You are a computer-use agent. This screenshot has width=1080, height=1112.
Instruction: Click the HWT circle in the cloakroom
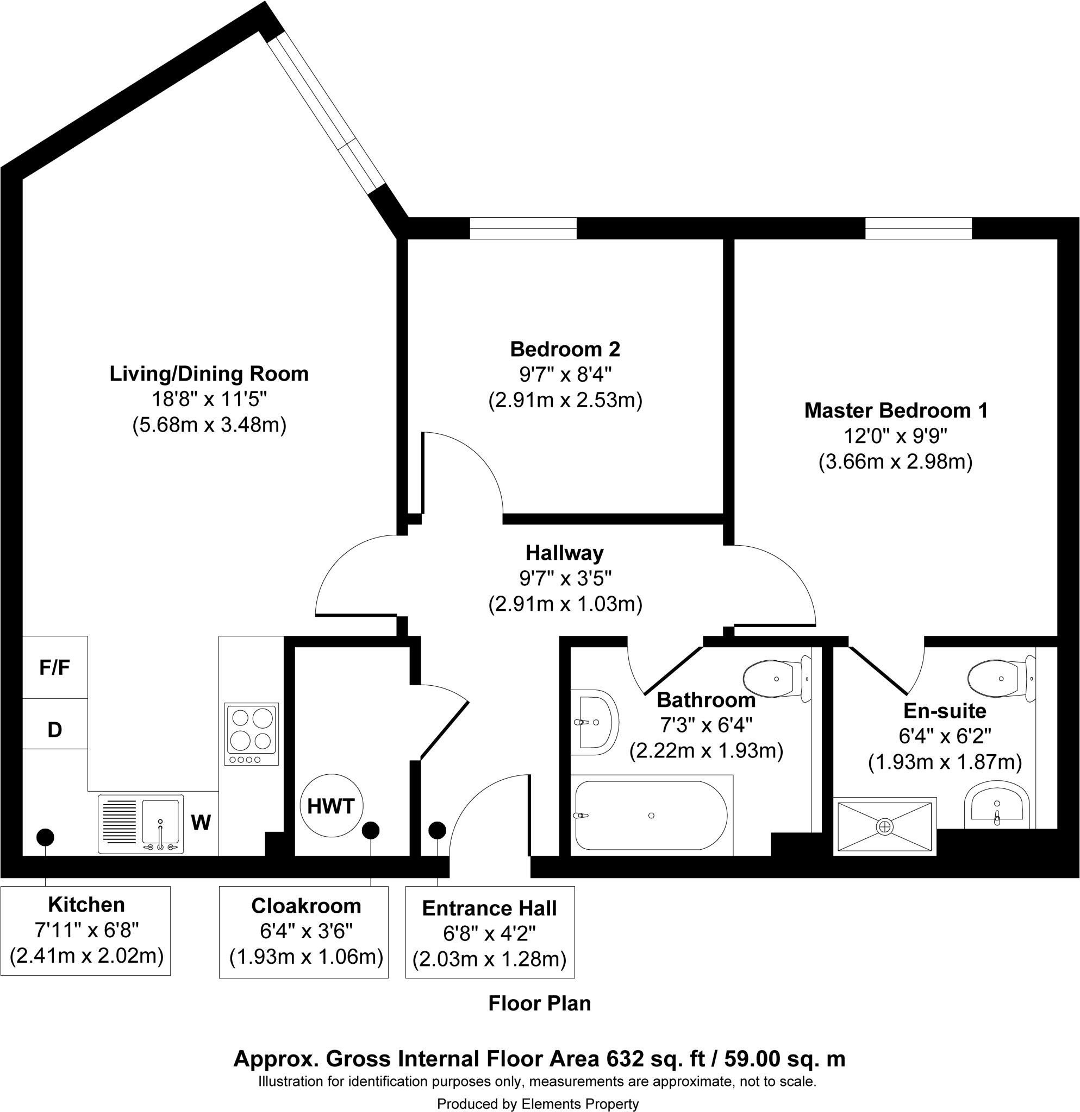pos(330,806)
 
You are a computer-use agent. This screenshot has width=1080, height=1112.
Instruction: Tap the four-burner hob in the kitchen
pos(252,734)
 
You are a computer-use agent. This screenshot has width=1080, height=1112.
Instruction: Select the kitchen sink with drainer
pos(141,824)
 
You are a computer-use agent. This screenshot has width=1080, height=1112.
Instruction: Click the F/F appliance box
pos(54,667)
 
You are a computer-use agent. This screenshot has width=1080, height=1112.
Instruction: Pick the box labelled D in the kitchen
pos(54,729)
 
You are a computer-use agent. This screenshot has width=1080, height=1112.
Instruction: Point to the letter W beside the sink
pos(201,823)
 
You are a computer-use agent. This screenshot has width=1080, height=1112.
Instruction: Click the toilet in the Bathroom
pos(776,679)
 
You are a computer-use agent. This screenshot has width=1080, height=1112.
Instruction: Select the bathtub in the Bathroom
pos(651,816)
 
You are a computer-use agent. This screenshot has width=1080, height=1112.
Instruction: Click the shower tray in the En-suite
pos(885,826)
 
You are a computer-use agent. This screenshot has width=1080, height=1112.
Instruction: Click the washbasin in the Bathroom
pos(594,722)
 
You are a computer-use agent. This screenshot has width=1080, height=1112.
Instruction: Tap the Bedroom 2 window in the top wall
pos(523,229)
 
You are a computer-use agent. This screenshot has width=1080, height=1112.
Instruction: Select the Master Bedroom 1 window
pos(918,229)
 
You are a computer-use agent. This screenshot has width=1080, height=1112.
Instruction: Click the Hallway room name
pos(564,553)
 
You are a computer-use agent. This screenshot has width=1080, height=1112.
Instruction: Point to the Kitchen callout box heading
pos(86,905)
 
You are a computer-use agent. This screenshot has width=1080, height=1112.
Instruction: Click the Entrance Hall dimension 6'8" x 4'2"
pos(490,933)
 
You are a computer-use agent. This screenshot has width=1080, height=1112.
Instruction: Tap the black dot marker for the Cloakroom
pos(371,831)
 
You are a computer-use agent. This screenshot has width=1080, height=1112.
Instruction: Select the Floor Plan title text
pos(539,1003)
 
